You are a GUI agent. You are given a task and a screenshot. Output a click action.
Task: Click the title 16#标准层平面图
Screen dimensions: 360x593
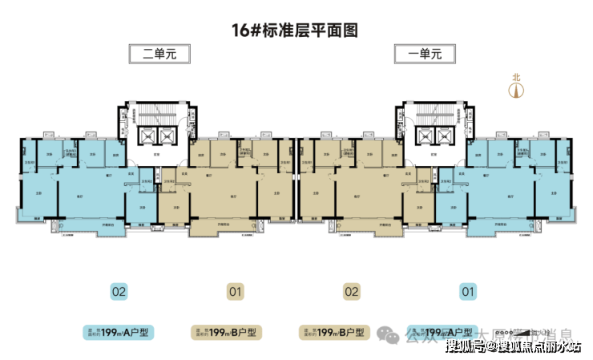click(x=295, y=31)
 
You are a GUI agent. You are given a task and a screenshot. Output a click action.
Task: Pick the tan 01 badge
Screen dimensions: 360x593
click(x=235, y=292)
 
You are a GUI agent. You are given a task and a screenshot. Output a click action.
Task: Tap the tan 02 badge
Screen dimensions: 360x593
click(x=351, y=292)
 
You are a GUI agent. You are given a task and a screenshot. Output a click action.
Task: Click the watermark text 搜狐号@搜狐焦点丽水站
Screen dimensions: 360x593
click(x=513, y=346)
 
